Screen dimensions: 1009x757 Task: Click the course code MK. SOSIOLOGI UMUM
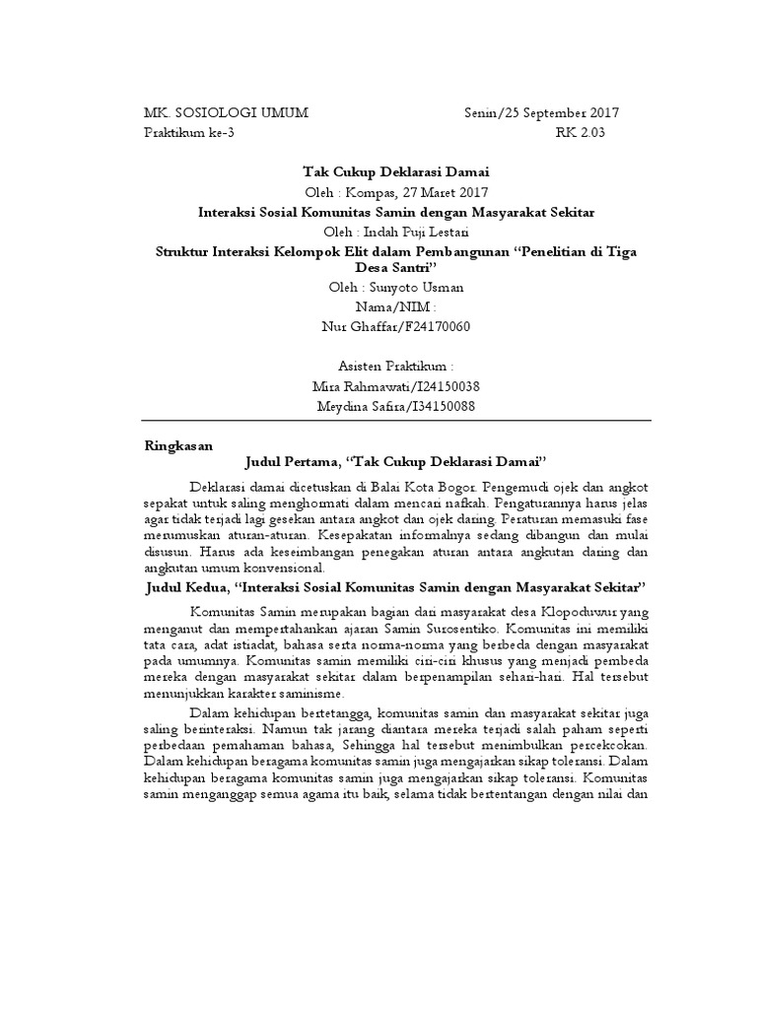[226, 113]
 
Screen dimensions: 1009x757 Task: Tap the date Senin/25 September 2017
[542, 113]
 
